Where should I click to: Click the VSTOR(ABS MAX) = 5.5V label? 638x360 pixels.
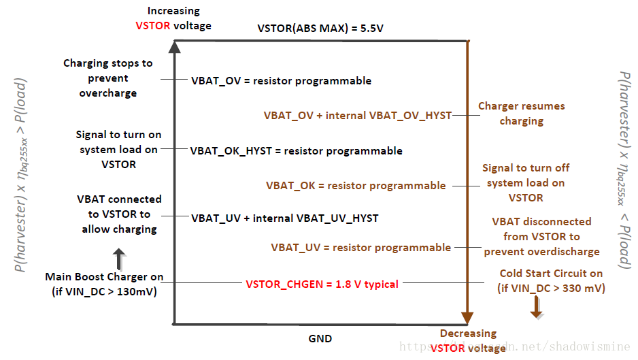tap(320, 28)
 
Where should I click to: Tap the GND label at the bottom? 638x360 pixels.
tap(320, 338)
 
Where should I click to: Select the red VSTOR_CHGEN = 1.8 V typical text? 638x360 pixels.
tap(322, 284)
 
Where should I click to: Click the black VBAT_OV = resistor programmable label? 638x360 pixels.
tap(281, 80)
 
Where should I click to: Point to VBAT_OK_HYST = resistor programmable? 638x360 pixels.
tap(297, 150)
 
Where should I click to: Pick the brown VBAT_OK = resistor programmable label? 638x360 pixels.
tap(356, 186)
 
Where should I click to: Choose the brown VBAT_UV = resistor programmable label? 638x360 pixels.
tap(361, 248)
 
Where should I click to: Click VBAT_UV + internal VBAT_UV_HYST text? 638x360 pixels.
tap(285, 218)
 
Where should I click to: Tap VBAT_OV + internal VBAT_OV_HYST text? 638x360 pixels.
tap(358, 116)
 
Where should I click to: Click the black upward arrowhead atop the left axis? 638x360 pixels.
tap(175, 47)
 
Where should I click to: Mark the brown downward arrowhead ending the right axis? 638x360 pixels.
tap(467, 318)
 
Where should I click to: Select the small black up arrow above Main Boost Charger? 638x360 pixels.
tap(119, 259)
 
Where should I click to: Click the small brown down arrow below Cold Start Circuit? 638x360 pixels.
tap(537, 307)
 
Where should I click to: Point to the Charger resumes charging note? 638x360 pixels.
tap(522, 114)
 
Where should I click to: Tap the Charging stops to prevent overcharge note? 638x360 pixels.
tap(108, 78)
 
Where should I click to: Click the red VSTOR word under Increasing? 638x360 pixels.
tap(153, 26)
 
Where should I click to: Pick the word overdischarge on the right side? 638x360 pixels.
tap(565, 252)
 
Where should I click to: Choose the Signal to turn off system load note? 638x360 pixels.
tap(526, 183)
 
